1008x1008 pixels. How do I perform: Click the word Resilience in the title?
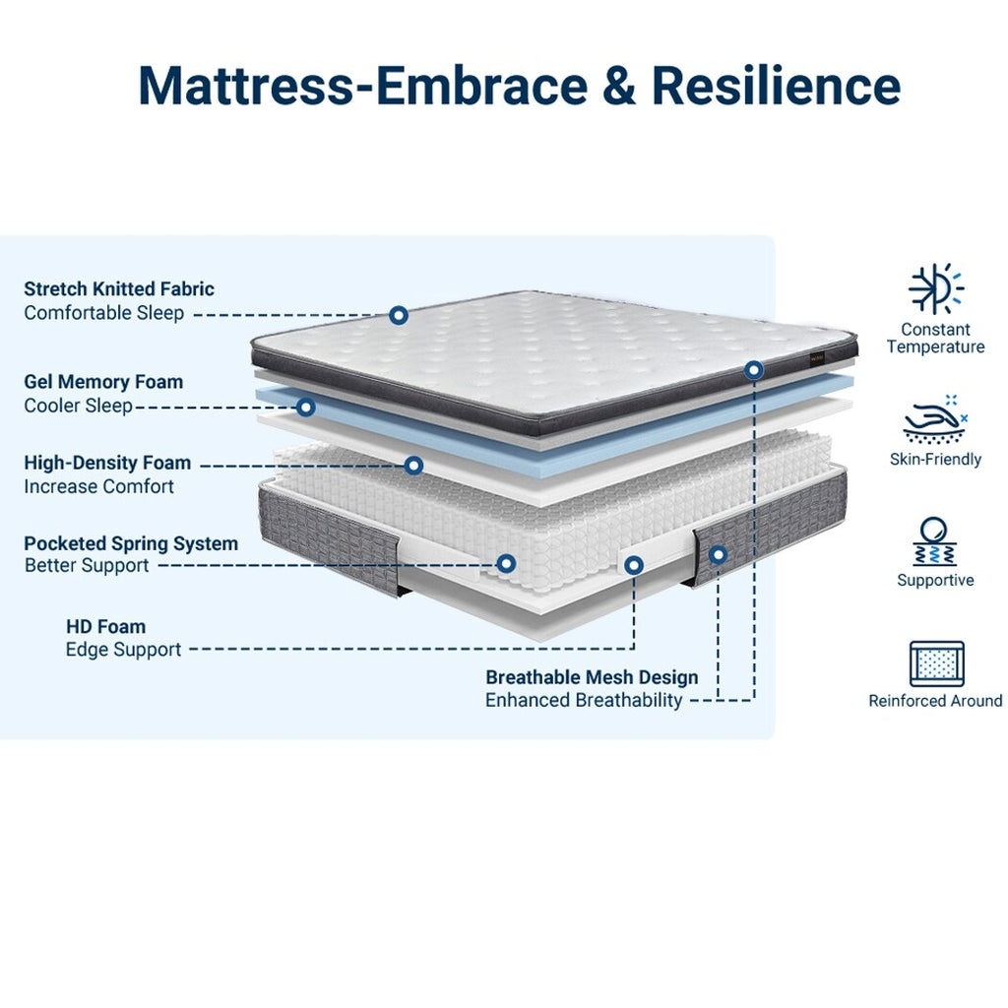point(776,86)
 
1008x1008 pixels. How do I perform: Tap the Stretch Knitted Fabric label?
point(119,288)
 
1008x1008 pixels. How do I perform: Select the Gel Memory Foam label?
point(103,382)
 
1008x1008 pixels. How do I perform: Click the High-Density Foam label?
point(107,463)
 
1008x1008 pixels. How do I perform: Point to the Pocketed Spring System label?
point(131,543)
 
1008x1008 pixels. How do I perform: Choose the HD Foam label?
point(105,626)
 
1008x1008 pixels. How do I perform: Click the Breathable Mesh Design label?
point(592,677)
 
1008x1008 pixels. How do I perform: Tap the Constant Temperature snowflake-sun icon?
point(935,289)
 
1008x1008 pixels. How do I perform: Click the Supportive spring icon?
point(935,541)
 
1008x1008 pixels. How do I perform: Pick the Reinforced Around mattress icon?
point(936,664)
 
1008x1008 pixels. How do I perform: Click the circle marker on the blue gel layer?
point(306,407)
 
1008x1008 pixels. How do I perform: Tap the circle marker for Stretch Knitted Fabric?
point(399,315)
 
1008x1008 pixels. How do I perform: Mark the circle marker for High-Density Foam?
point(414,465)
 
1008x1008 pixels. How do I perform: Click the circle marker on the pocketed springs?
point(506,563)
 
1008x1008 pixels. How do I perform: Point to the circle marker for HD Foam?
point(634,565)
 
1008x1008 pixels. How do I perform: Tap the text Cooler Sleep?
point(78,406)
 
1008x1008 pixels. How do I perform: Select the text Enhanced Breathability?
point(584,700)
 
